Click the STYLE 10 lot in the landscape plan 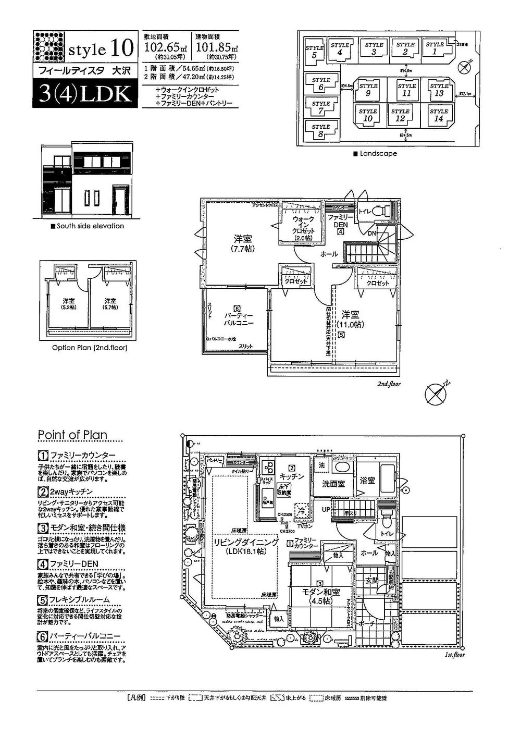368,115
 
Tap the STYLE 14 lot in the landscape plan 439,115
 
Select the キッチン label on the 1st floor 292,475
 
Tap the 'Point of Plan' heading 72,435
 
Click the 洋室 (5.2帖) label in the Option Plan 68,304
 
